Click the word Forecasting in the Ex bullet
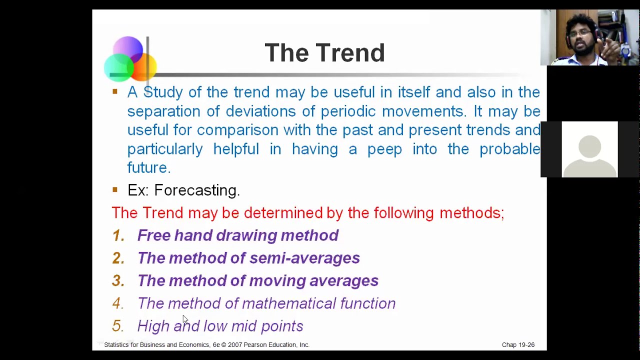[x=196, y=190]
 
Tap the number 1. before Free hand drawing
[x=118, y=235]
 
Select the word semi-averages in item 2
[x=304, y=258]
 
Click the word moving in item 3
[x=277, y=281]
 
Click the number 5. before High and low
[x=117, y=326]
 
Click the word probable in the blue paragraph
[x=509, y=149]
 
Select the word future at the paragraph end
[x=148, y=167]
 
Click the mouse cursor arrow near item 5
[x=185, y=319]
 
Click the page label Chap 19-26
[x=518, y=345]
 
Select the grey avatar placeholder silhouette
[x=589, y=150]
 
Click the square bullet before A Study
[x=115, y=91]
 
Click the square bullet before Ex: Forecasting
[x=115, y=189]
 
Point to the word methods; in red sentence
[x=471, y=213]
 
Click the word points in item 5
[x=282, y=326]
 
